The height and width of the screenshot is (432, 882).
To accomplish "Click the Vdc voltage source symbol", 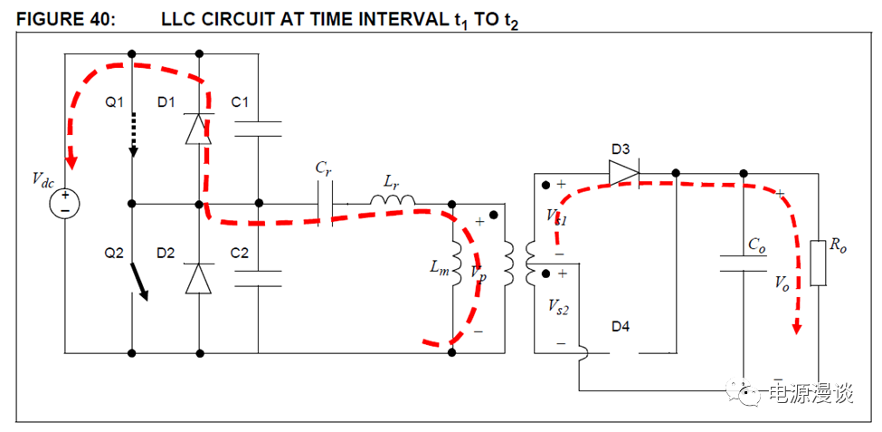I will [66, 202].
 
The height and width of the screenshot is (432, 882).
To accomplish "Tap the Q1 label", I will [114, 102].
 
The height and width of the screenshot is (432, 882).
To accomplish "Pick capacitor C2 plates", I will [258, 277].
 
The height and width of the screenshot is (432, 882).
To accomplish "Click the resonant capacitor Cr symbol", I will [325, 202].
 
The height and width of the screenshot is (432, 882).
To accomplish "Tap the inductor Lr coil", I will [392, 200].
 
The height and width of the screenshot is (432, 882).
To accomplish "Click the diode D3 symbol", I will [623, 172].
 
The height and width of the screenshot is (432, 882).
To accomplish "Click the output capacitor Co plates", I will [744, 264].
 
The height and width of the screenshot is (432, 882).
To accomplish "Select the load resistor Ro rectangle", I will [818, 263].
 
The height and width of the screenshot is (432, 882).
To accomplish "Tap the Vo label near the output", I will [782, 283].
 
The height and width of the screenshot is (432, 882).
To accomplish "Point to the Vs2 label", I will [558, 309].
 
